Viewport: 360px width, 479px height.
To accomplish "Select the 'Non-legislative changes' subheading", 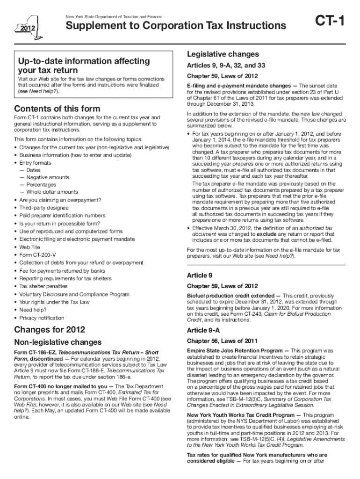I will [x=58, y=342].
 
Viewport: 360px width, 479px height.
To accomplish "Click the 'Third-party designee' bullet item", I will [x=43, y=208].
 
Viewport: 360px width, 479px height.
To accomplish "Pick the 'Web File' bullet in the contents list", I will [x=29, y=247].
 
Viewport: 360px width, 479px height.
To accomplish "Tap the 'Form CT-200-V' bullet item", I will [x=36, y=255].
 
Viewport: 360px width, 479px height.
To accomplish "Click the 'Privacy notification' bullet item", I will [x=42, y=318].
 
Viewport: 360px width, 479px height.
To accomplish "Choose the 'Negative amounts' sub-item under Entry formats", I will [x=47, y=177].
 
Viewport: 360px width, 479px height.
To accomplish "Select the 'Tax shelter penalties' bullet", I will [x=43, y=286].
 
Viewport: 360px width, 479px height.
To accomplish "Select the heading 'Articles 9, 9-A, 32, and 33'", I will [x=226, y=65].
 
